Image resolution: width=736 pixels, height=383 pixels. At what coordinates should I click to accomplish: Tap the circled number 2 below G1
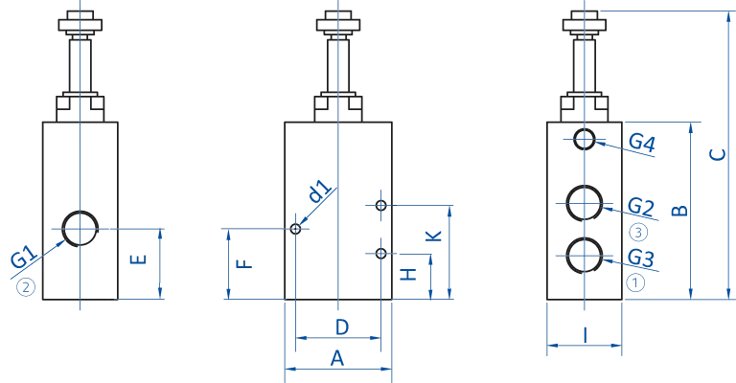coord(28,280)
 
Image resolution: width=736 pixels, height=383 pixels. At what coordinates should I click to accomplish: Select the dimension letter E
coord(136,259)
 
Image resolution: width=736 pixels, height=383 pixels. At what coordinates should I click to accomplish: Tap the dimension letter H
coord(407,276)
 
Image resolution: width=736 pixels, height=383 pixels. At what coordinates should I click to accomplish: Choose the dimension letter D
coord(339,327)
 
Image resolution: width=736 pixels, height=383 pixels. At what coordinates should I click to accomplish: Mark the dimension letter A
coord(338,358)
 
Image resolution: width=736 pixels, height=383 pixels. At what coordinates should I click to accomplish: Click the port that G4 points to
coord(584,142)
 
